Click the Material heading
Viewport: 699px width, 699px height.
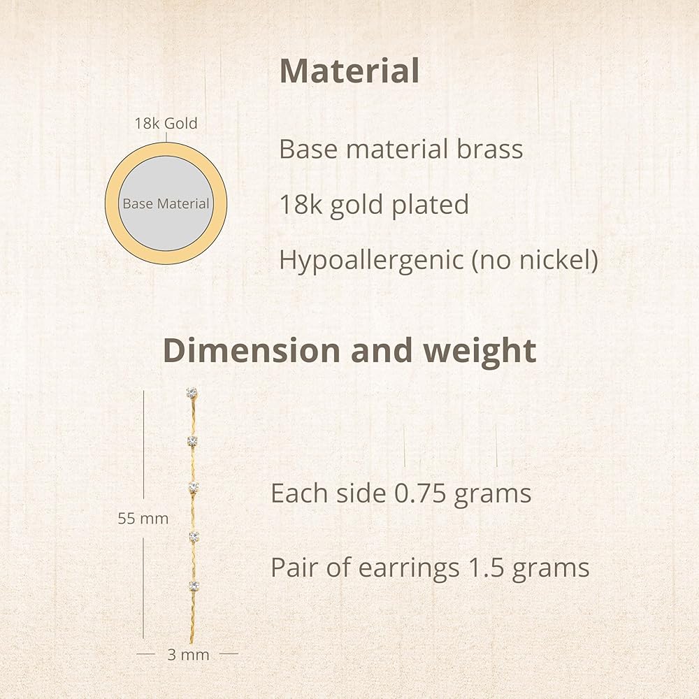click(x=349, y=71)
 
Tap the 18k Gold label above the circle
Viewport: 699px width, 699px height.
click(x=166, y=124)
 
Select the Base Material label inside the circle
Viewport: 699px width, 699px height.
click(x=166, y=203)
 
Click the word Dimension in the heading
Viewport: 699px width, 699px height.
click(x=252, y=350)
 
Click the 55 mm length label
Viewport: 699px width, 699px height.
click(x=143, y=519)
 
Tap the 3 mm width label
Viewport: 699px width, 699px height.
click(x=188, y=655)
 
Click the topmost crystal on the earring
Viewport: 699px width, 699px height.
click(x=192, y=393)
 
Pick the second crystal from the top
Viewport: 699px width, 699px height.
click(x=192, y=441)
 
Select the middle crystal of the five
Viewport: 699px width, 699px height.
click(x=193, y=487)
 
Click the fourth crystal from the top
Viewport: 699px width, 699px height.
click(x=194, y=536)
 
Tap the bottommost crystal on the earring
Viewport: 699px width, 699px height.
click(x=194, y=585)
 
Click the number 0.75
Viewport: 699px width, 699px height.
click(x=420, y=493)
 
